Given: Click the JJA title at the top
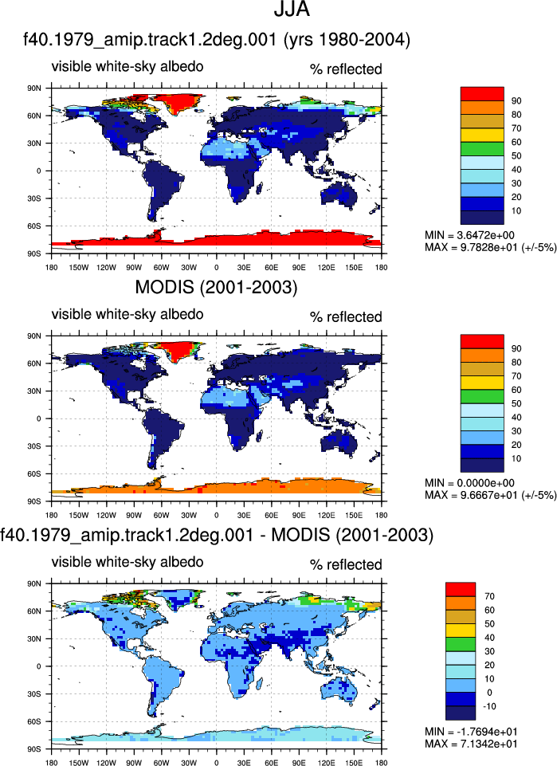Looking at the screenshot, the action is [292, 10].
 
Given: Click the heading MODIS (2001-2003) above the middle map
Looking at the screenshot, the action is [216, 287].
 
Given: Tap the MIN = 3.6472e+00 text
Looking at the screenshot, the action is [469, 235].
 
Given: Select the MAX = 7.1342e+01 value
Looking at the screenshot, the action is [471, 744].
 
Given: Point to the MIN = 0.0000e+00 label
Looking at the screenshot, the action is [469, 483].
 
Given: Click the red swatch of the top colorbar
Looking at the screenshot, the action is [482, 94].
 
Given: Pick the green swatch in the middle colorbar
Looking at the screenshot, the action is [482, 396].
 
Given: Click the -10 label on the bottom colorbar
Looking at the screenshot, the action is [488, 706].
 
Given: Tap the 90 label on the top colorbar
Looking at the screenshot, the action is [516, 101].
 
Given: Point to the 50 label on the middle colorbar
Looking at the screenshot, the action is [516, 403].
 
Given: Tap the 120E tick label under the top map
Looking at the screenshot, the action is [326, 267].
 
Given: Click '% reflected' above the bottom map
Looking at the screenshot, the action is [346, 564].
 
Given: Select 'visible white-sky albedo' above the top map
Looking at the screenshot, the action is [127, 66].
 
